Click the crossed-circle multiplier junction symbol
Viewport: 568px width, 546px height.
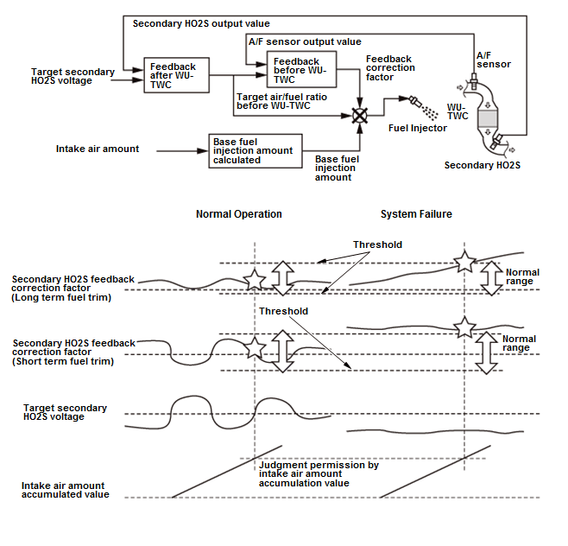(360, 116)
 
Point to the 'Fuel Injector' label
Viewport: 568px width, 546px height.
(417, 128)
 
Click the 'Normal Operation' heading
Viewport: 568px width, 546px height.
(239, 214)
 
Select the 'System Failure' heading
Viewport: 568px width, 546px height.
(416, 214)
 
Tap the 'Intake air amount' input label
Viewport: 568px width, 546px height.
(98, 149)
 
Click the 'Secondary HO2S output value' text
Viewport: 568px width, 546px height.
(201, 23)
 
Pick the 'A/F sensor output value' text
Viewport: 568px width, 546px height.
(305, 41)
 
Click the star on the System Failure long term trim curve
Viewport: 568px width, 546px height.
(464, 261)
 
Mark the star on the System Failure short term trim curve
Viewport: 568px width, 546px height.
(464, 327)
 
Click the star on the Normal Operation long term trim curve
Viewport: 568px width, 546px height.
(255, 280)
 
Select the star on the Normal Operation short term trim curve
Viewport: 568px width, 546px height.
(255, 347)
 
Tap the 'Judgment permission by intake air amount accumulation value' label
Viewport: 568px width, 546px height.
(319, 473)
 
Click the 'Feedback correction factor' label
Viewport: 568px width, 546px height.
(390, 67)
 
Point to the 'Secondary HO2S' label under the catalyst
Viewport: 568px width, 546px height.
(483, 165)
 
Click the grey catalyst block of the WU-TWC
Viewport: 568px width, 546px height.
(487, 118)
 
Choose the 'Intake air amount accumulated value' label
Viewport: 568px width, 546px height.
(66, 490)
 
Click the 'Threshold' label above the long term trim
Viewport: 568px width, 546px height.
(377, 244)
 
